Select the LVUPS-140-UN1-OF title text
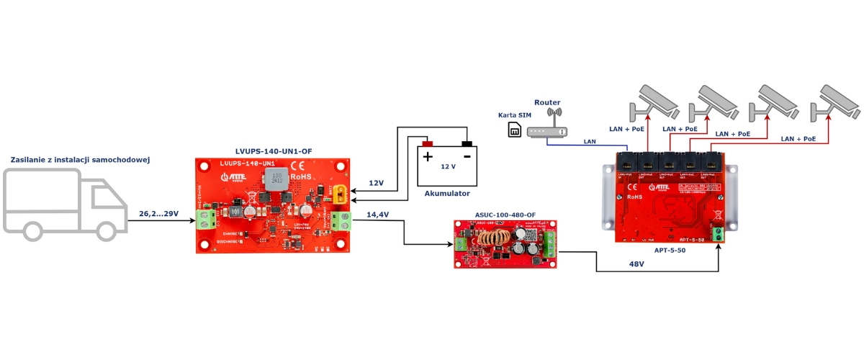(x=274, y=150)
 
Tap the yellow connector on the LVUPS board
(x=340, y=193)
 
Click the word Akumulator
(x=447, y=194)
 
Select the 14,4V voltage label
(x=378, y=214)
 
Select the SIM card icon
(x=514, y=130)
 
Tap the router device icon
(x=548, y=130)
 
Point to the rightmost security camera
(x=835, y=102)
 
